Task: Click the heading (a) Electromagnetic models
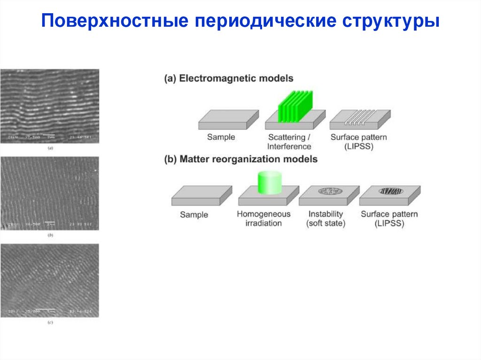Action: pyautogui.click(x=229, y=78)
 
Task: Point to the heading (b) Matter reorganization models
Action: pyautogui.click(x=240, y=159)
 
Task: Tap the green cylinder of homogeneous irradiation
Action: pyautogui.click(x=269, y=183)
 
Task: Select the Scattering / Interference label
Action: pyautogui.click(x=289, y=142)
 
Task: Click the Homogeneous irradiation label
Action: pyautogui.click(x=264, y=218)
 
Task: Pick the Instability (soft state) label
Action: pyautogui.click(x=326, y=218)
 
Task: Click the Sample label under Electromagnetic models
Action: pyautogui.click(x=221, y=138)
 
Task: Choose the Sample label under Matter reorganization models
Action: pyautogui.click(x=194, y=214)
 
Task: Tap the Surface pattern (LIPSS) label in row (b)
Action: pyautogui.click(x=389, y=218)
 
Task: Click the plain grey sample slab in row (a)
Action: pyautogui.click(x=228, y=120)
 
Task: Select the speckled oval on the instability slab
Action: pyautogui.click(x=329, y=191)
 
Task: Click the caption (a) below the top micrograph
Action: pyautogui.click(x=50, y=148)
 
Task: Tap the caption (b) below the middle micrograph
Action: pyautogui.click(x=50, y=235)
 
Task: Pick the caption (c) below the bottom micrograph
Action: pyautogui.click(x=50, y=322)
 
